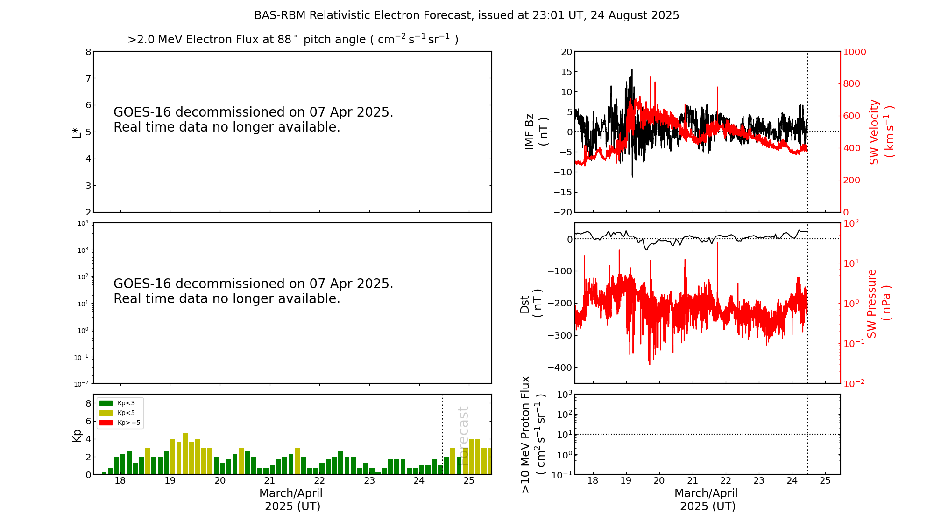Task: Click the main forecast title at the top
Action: (x=466, y=15)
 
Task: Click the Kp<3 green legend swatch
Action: (x=106, y=403)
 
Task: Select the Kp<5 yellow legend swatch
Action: (x=106, y=413)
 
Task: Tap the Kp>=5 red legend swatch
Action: (x=106, y=423)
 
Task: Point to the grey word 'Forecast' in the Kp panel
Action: (x=463, y=429)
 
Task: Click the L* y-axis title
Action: (x=77, y=132)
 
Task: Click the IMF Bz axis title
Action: (x=536, y=132)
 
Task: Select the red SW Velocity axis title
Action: (x=880, y=132)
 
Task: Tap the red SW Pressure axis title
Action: (x=878, y=303)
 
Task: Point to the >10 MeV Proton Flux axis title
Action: (x=533, y=434)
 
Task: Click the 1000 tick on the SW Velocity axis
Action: (x=854, y=52)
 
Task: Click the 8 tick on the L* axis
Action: (x=88, y=52)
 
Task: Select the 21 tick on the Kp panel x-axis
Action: (x=269, y=481)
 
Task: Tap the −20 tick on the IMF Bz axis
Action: (x=562, y=212)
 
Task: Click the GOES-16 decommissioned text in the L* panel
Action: (x=253, y=119)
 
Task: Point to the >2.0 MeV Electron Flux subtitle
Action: (x=293, y=40)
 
